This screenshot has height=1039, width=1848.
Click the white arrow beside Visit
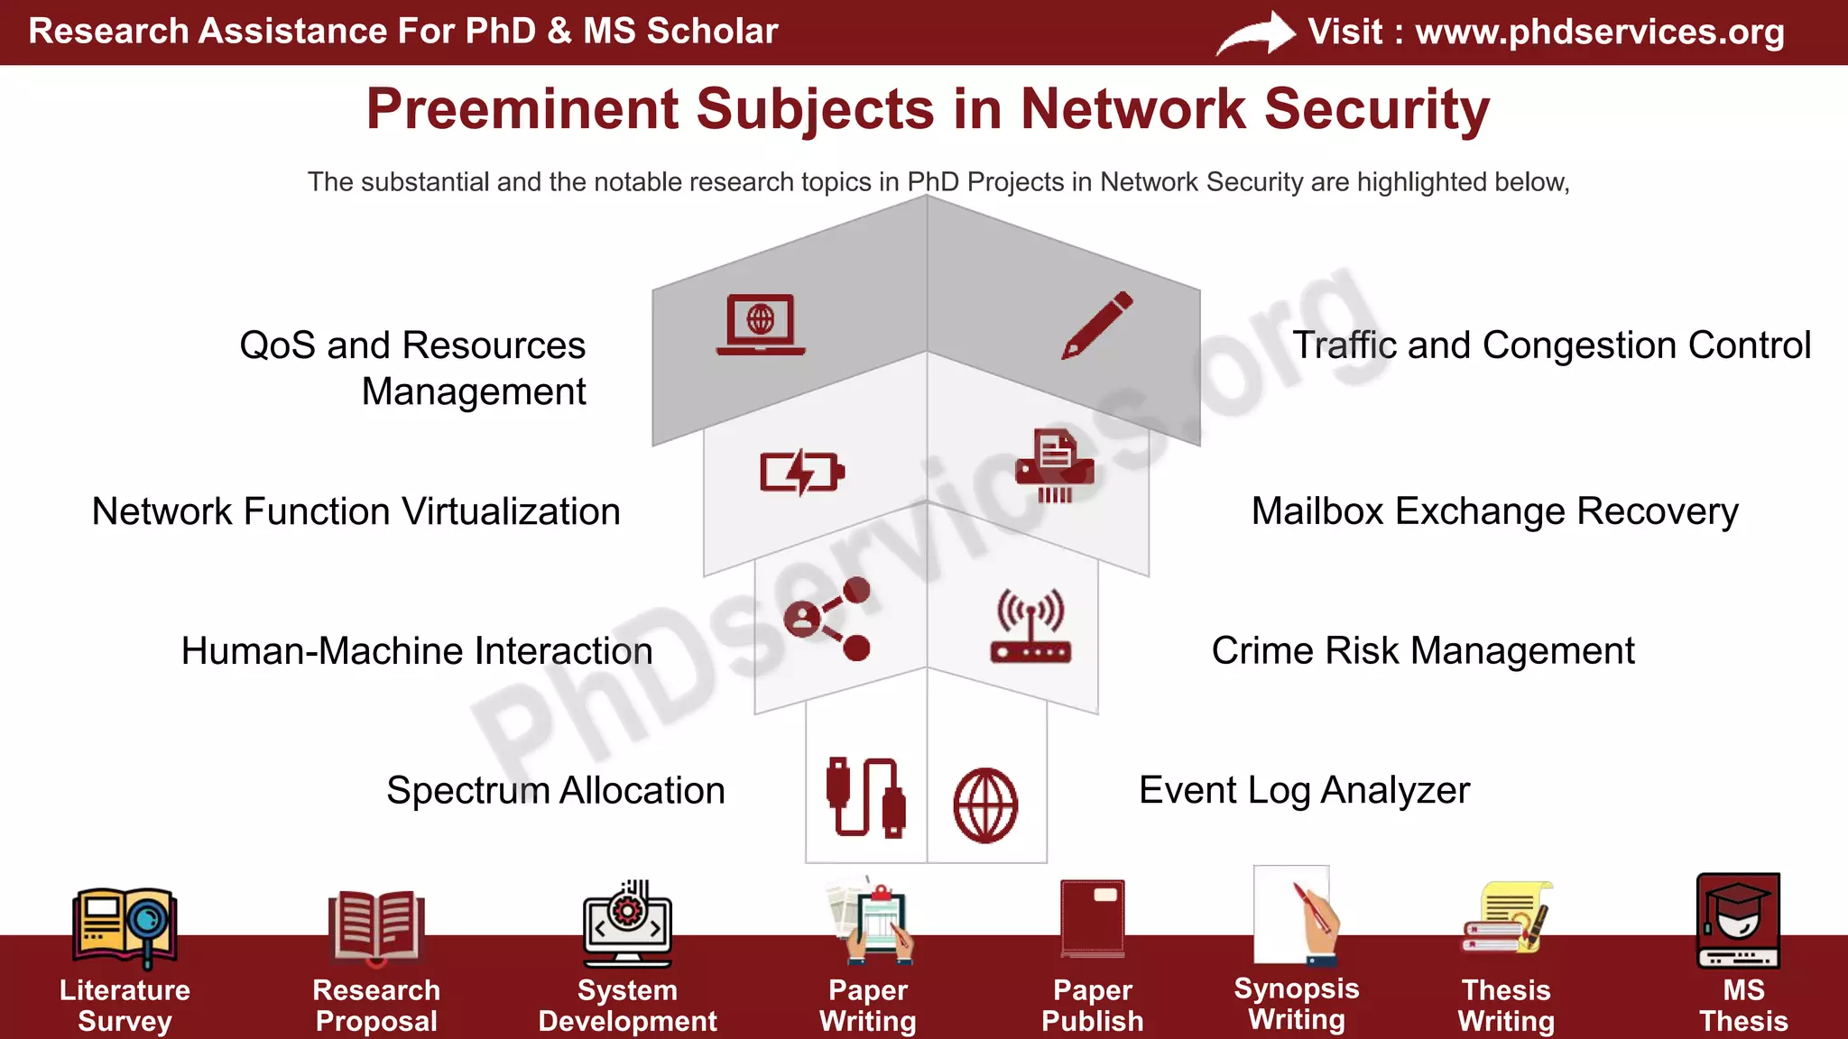(1256, 33)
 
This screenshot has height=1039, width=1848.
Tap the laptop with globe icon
(761, 324)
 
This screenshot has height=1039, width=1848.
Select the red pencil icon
(1097, 325)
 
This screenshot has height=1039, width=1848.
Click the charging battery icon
(802, 472)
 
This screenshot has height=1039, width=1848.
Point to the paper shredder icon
(1055, 465)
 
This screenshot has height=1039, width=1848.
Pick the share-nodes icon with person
(827, 619)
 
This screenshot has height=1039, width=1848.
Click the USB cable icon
(865, 797)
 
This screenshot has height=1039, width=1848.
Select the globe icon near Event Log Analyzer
(985, 805)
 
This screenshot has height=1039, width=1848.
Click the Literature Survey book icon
(125, 924)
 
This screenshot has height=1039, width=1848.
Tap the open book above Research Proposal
(375, 925)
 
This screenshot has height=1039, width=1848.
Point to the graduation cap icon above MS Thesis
(1738, 919)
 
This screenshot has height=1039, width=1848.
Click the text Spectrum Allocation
(556, 790)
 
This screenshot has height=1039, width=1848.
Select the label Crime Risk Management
(1422, 650)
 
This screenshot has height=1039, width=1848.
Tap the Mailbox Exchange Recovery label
(1494, 511)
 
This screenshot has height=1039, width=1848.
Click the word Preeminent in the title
(522, 109)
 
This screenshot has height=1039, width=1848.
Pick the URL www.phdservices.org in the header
(1599, 32)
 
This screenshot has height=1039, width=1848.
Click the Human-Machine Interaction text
(417, 650)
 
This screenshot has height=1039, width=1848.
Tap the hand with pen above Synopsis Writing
(1316, 920)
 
